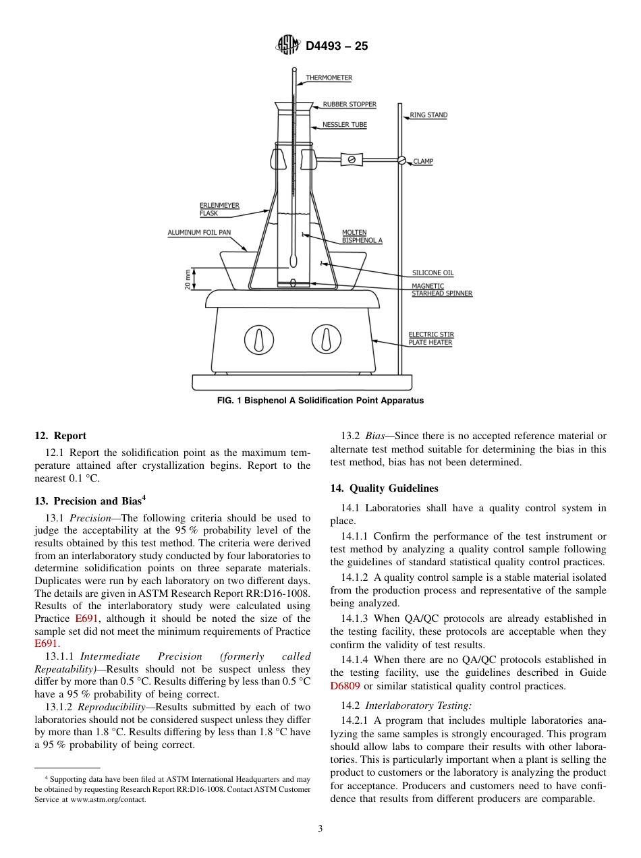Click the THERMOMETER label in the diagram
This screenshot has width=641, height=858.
tap(329, 78)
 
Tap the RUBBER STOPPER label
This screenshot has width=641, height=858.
tap(349, 105)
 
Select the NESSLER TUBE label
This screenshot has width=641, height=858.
tap(344, 125)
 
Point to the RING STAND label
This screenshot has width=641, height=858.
tap(428, 115)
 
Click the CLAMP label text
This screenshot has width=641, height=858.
tap(423, 162)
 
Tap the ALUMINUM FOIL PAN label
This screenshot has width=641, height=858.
tap(199, 233)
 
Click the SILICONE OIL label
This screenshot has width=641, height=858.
tap(433, 273)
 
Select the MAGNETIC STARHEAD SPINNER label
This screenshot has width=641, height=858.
tap(442, 290)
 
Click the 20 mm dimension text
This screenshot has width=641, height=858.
tap(188, 279)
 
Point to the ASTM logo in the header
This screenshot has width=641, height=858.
tap(288, 46)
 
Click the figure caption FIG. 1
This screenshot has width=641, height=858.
tap(320, 401)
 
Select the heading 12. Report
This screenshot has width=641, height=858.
tap(60, 436)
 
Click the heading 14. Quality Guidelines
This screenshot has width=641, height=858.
tap(384, 488)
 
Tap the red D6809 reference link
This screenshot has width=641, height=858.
tap(345, 686)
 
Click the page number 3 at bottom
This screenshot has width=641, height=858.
tap(320, 829)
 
